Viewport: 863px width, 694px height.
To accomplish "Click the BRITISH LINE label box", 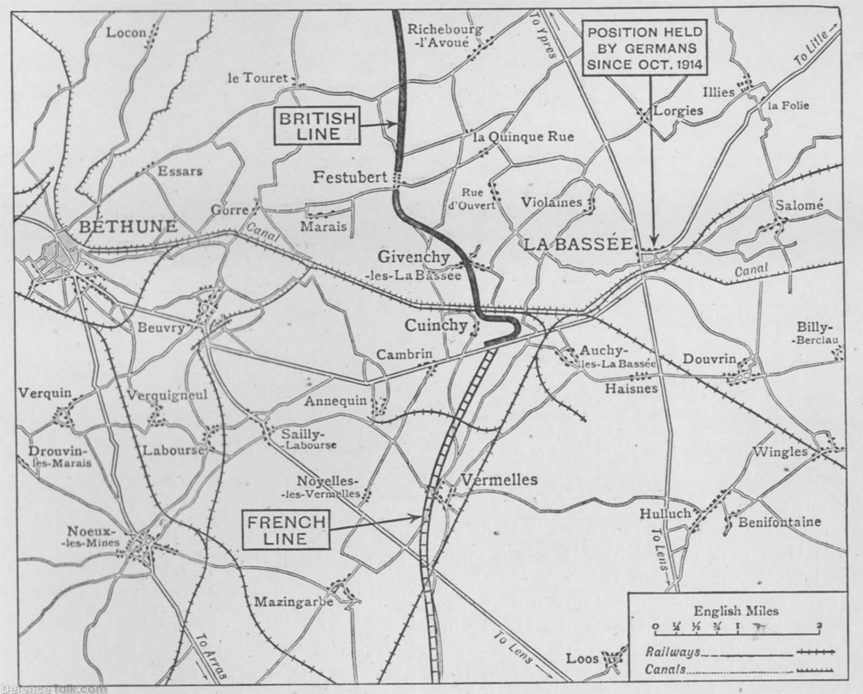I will click(x=318, y=126).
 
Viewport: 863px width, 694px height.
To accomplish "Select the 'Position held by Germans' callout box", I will click(x=645, y=48).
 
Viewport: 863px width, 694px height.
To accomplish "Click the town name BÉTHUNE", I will click(x=128, y=226).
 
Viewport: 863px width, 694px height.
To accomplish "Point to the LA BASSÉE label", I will click(x=578, y=244).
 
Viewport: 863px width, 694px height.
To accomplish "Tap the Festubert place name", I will click(x=351, y=177).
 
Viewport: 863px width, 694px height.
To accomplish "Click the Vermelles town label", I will click(x=499, y=479).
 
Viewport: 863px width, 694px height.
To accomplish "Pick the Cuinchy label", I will click(x=436, y=325).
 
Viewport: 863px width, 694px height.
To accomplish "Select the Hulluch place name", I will click(x=665, y=514).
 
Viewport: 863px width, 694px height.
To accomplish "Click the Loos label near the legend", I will click(x=583, y=658).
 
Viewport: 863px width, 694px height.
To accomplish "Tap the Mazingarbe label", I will click(x=293, y=601).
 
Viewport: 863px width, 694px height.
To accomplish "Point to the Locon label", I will click(x=126, y=33).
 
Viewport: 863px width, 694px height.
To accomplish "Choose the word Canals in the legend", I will click(x=665, y=670).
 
